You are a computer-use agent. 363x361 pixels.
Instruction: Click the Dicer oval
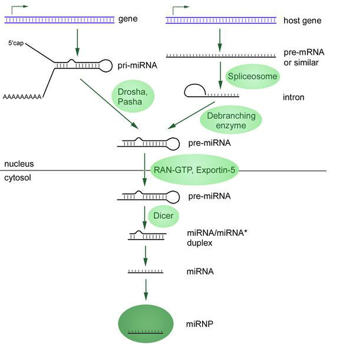[163, 216]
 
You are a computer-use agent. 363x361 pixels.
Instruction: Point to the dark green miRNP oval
[146, 326]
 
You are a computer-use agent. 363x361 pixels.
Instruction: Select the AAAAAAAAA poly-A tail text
[23, 97]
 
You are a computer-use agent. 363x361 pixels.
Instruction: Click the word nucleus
[19, 163]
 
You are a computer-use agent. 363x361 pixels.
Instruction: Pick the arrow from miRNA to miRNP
[146, 288]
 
